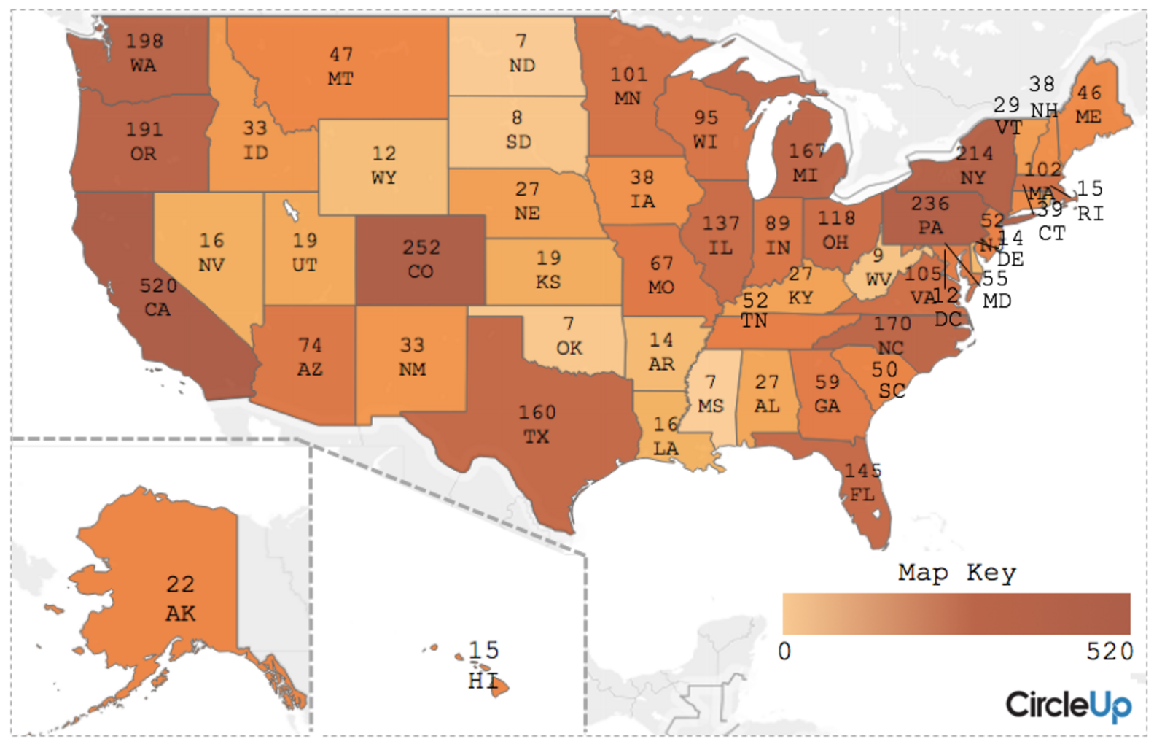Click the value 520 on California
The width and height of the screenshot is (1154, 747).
[x=157, y=285]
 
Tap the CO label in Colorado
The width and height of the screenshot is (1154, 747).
[x=421, y=272]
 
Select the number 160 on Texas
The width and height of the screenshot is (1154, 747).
[x=537, y=413]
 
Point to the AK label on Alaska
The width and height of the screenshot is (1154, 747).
[x=180, y=614]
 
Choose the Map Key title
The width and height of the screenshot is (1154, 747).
[x=956, y=573]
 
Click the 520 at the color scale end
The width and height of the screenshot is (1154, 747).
[x=1110, y=651]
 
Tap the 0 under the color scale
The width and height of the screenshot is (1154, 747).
[x=784, y=651]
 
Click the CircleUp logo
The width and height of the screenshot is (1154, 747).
[x=1069, y=705]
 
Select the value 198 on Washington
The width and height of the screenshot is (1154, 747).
[x=144, y=41]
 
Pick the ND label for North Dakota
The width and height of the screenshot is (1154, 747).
[x=522, y=66]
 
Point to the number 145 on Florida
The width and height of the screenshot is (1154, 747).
[x=863, y=471]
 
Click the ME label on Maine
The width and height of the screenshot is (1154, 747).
[x=1088, y=117]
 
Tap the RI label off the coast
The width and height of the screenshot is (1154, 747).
[x=1091, y=214]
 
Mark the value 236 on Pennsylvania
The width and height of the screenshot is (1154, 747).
[x=930, y=204]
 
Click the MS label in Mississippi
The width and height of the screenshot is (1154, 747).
[x=711, y=406]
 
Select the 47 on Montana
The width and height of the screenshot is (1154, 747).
[x=341, y=55]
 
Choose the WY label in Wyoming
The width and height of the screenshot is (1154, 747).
[x=384, y=178]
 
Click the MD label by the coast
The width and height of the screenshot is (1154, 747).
[x=997, y=301]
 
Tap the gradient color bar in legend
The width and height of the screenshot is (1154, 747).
[x=956, y=614]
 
